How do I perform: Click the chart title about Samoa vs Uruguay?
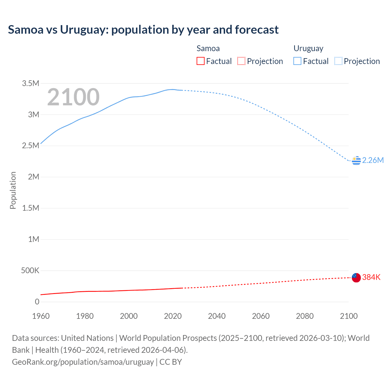pyautogui.click(x=143, y=30)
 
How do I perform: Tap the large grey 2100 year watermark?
pyautogui.click(x=73, y=97)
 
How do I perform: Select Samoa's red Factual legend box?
pyautogui.click(x=200, y=61)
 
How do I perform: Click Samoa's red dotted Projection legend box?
pyautogui.click(x=241, y=61)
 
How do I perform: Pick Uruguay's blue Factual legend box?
pyautogui.click(x=297, y=61)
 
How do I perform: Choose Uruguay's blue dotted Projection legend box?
pyautogui.click(x=338, y=61)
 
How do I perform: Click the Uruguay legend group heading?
pyautogui.click(x=308, y=48)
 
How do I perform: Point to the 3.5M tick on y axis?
pyautogui.click(x=31, y=83)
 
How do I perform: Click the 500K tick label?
pyautogui.click(x=30, y=271)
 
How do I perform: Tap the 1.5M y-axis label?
pyautogui.click(x=31, y=208)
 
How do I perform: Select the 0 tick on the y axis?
pyautogui.click(x=37, y=302)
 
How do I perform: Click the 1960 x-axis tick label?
pyautogui.click(x=41, y=316)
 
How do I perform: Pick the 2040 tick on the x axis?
pyautogui.click(x=217, y=316)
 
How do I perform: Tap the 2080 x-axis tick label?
pyautogui.click(x=305, y=316)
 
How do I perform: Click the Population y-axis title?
pyautogui.click(x=13, y=190)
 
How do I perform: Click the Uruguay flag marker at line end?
pyautogui.click(x=356, y=160)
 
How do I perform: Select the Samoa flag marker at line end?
pyautogui.click(x=356, y=277)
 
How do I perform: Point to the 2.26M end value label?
pyautogui.click(x=373, y=160)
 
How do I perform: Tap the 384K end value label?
pyautogui.click(x=371, y=277)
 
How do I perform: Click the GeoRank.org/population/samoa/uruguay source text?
pyautogui.click(x=83, y=362)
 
